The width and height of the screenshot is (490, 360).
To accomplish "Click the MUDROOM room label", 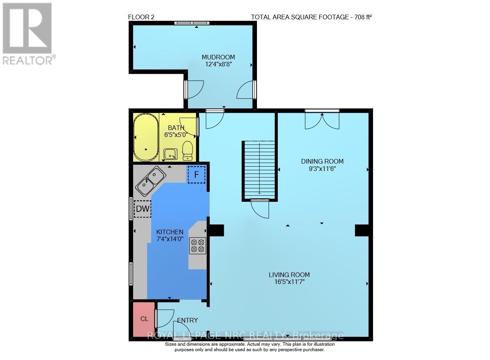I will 218,57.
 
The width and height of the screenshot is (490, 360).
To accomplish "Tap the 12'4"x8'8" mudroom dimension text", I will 218,64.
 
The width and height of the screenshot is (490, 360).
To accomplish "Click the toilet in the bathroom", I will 187,150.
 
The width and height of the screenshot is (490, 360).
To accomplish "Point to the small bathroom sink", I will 170,154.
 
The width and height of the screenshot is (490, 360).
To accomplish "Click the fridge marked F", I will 196,174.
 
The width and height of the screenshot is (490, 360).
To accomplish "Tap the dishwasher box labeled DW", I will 142,209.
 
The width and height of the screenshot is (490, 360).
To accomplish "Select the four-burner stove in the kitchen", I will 197,246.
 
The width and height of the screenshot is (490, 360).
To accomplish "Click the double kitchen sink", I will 150,181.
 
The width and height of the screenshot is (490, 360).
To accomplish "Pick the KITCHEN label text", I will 169,232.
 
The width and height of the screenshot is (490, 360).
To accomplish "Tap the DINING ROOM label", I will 322,161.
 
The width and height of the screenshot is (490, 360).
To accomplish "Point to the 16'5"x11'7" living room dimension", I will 289,282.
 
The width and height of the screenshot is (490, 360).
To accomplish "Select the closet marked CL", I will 144,319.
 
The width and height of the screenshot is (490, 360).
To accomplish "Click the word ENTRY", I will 188,320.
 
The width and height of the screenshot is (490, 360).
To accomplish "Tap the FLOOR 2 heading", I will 141,17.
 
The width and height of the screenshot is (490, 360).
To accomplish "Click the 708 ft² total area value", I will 361,17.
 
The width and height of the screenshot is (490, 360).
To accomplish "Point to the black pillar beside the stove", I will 216,230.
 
